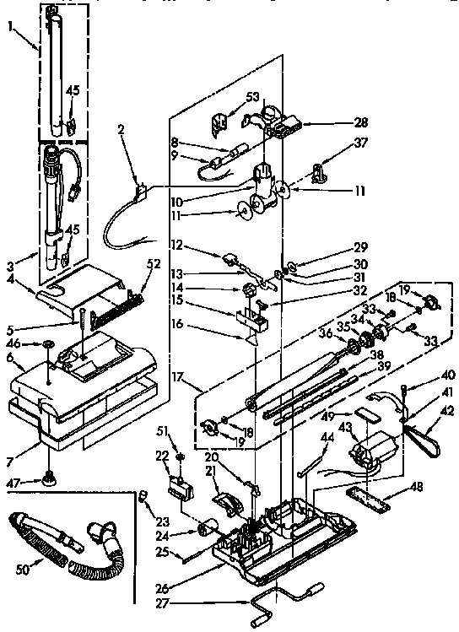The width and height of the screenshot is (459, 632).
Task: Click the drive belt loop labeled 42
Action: [x=426, y=438]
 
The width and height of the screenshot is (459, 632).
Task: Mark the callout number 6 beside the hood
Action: [x=10, y=358]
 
